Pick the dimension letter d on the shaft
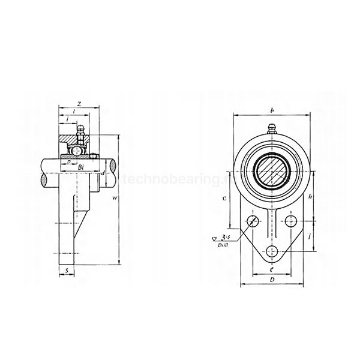[103, 173]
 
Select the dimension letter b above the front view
[272, 110]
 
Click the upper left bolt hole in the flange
[254, 221]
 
